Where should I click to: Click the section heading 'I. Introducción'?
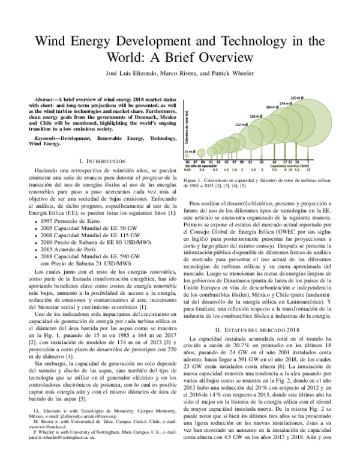pos(103,162)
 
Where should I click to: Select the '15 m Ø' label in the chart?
pos(190,152)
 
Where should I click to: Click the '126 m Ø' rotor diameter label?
pos(256,115)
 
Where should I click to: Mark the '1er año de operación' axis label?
pos(202,166)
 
